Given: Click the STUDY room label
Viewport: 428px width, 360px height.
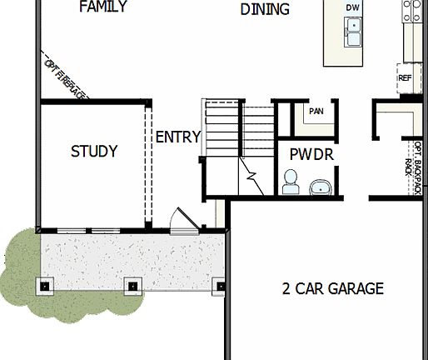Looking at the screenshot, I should coord(94,152).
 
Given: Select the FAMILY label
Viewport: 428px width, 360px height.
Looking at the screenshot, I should coord(102,7).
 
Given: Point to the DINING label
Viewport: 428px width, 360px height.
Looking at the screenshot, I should coord(265,10).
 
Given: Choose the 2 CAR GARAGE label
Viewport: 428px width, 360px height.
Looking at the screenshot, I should coord(333,289).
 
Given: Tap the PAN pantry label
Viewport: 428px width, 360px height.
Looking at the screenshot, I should coord(316,111).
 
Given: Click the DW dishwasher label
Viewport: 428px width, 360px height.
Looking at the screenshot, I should coord(354,7).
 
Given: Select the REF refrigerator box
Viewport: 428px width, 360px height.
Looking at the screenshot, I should coord(406,78).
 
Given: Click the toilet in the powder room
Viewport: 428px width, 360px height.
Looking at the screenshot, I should coord(290,182).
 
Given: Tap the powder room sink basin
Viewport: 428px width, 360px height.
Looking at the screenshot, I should coord(320,187).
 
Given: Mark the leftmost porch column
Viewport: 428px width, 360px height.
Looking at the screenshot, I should coord(45,286).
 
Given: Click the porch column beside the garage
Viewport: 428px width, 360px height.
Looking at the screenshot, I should coord(221,287).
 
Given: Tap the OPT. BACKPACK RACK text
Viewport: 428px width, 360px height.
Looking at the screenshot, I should coord(414,167).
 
